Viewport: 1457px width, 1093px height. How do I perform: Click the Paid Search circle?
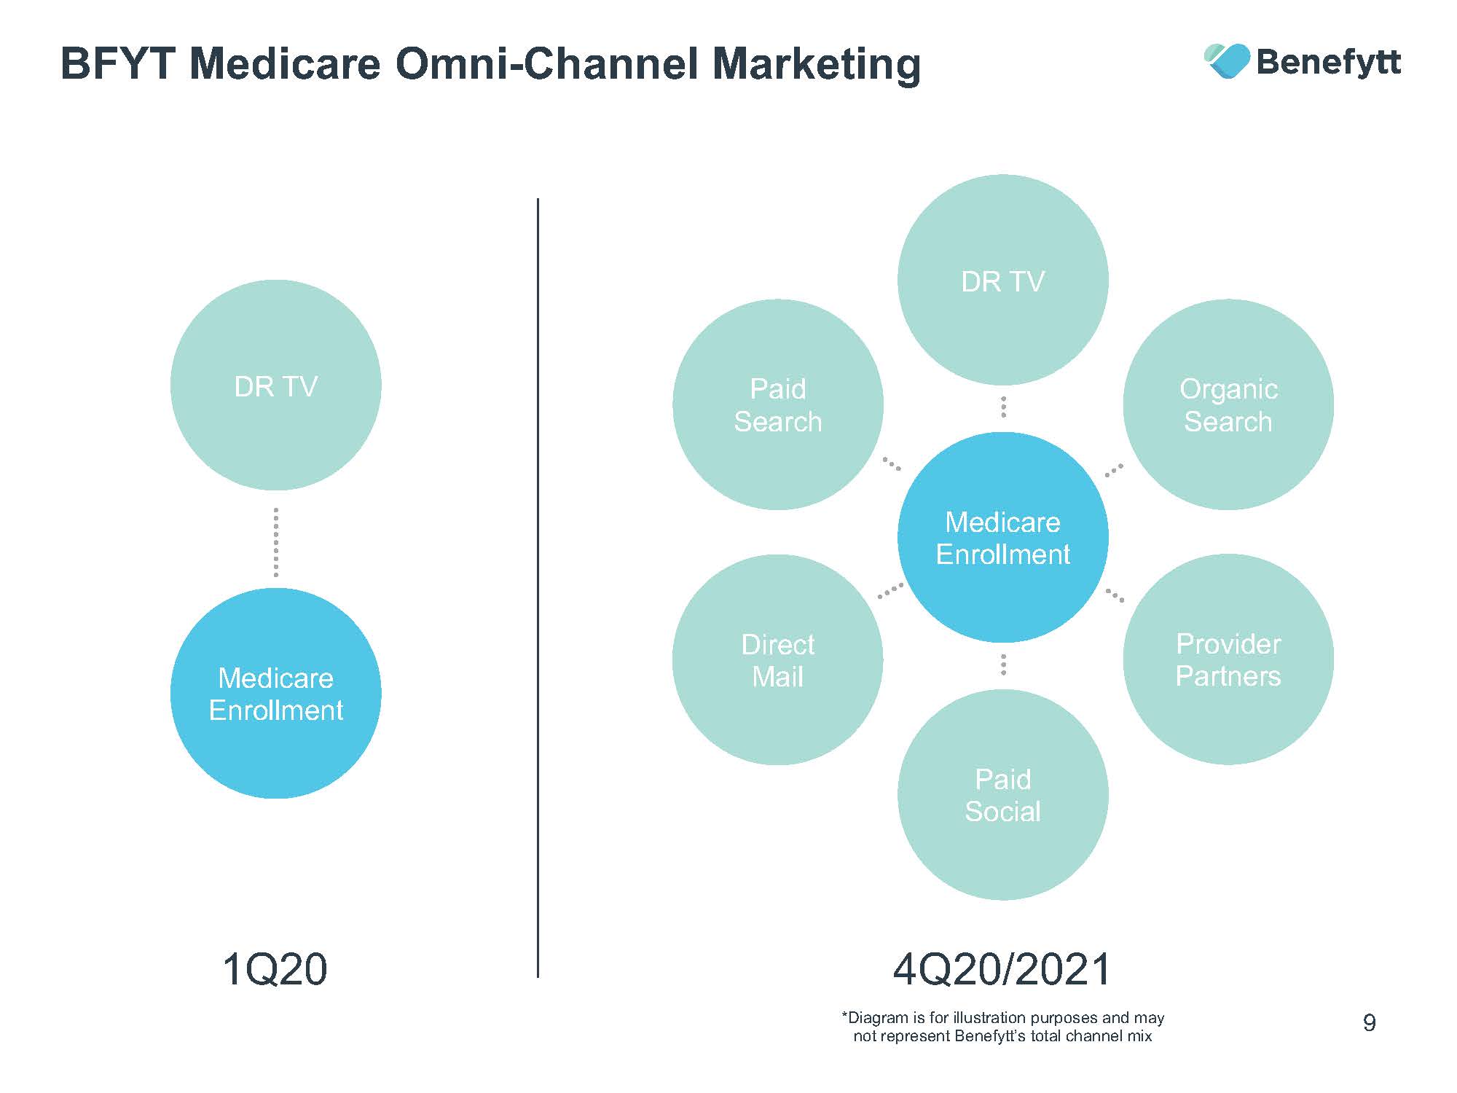click(777, 404)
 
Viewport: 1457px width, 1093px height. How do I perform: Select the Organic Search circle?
click(1228, 404)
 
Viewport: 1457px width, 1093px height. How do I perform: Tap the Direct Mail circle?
click(777, 659)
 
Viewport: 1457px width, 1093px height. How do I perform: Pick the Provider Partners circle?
click(1228, 659)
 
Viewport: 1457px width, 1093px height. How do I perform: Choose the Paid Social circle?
click(1002, 795)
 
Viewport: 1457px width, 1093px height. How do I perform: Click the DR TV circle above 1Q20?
click(275, 385)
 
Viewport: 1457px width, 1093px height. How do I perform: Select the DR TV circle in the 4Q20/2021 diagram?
click(1002, 280)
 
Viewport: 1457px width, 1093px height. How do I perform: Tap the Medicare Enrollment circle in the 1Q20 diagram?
click(275, 693)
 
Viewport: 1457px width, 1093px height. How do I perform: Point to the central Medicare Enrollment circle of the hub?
click(1002, 537)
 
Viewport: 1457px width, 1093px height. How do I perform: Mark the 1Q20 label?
click(275, 970)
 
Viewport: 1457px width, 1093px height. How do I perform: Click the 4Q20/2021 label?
click(1002, 970)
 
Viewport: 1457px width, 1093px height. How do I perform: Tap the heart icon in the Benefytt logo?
click(1227, 60)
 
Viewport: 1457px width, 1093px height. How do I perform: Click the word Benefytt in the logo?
click(1328, 62)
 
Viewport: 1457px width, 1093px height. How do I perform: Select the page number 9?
click(1369, 1023)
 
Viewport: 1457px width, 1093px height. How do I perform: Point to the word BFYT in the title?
click(117, 63)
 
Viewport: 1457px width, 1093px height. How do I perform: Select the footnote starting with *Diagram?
click(1002, 1027)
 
